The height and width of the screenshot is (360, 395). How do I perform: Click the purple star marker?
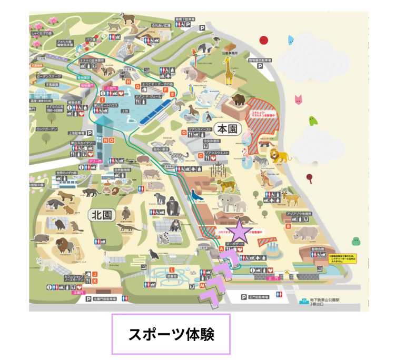pos(239,231)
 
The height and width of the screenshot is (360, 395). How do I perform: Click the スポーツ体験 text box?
pos(171,334)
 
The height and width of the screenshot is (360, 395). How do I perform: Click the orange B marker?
pos(288,226)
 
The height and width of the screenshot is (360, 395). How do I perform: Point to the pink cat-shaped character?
pos(299,99)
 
